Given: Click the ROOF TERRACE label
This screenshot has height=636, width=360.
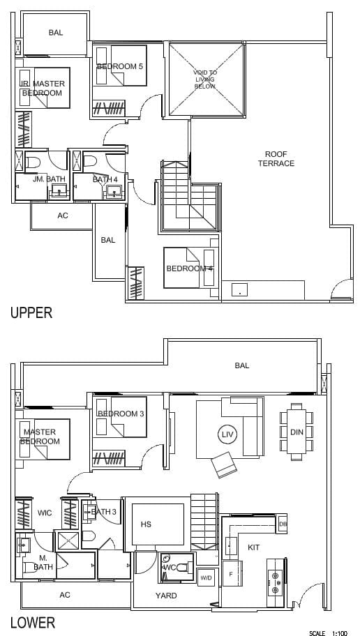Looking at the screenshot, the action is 280,158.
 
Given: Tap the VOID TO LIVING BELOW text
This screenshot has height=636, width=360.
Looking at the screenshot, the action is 205,79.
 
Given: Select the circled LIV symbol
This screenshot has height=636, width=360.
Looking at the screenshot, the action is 225,434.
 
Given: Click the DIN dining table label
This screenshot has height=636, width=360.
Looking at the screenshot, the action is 297,432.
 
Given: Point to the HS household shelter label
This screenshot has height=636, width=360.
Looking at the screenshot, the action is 146,524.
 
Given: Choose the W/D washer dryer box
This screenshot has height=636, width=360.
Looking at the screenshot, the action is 204,577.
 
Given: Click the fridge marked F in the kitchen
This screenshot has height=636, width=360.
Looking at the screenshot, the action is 232,573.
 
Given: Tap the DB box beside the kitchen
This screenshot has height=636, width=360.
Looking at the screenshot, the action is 283,523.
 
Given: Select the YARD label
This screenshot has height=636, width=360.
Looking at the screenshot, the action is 167,596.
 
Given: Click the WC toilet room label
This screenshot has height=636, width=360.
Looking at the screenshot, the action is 170,567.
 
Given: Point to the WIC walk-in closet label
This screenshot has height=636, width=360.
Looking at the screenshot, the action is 45,513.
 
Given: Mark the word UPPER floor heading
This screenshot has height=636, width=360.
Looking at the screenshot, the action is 31,312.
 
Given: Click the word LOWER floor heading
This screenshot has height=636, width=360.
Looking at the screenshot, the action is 33,622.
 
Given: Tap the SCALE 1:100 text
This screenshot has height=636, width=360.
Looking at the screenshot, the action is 328,633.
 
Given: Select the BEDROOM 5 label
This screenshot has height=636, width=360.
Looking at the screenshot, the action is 120,66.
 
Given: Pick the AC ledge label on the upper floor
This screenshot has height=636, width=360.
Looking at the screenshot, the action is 63,215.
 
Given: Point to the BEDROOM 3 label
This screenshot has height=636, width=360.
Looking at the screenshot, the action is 121,414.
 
